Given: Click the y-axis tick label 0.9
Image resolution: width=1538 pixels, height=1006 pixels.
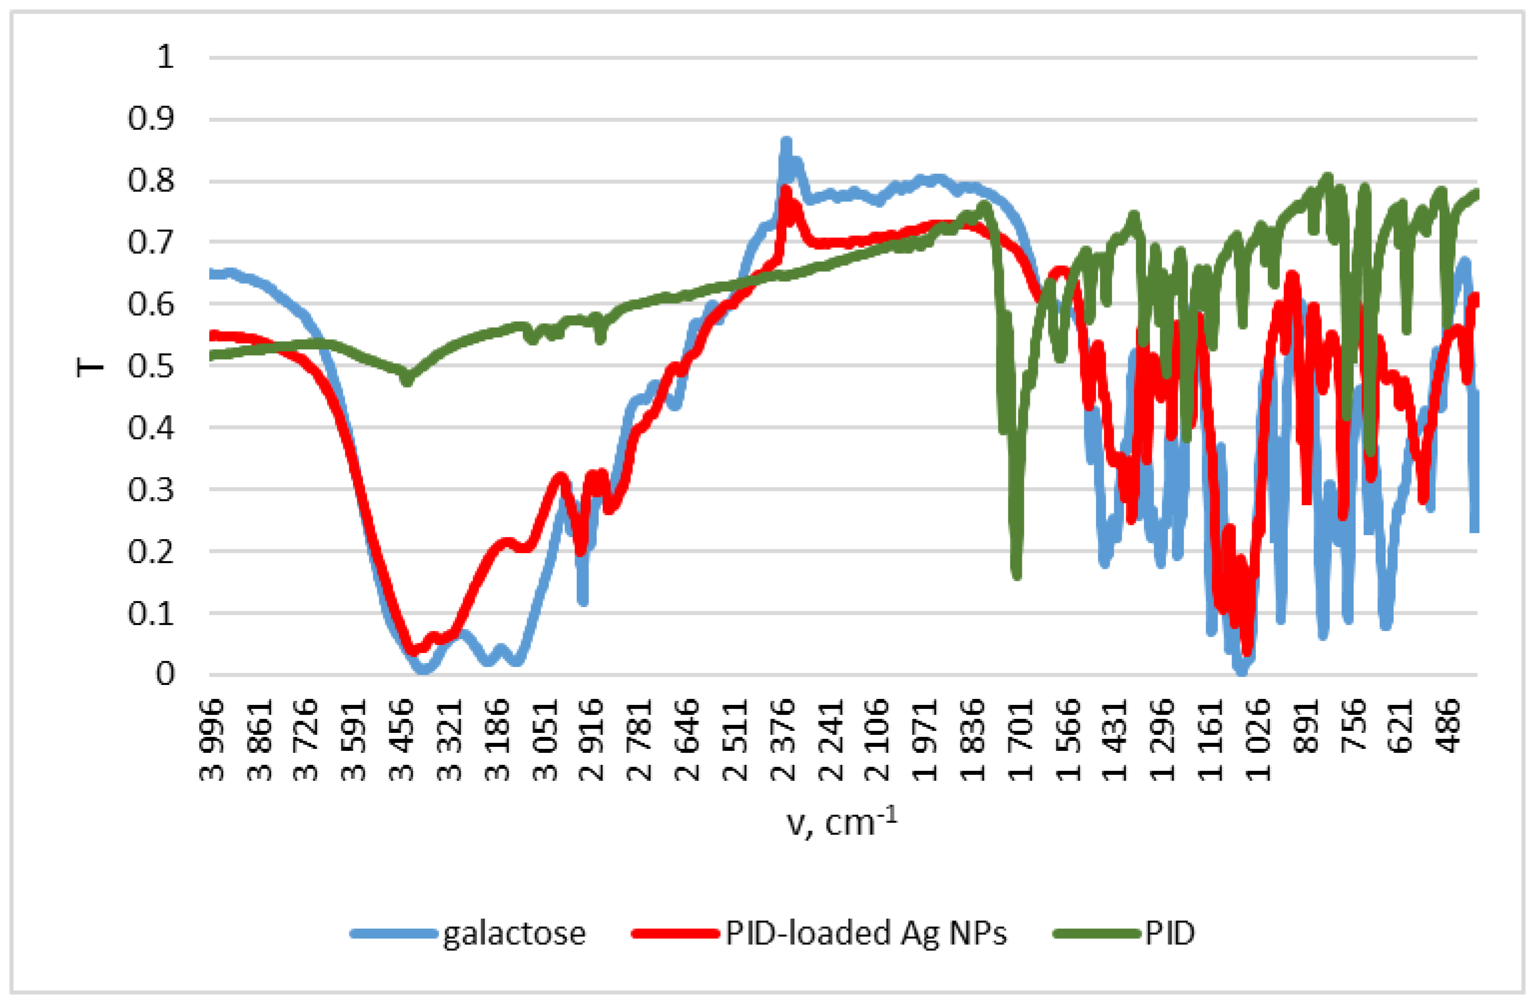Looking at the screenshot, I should coord(151,119).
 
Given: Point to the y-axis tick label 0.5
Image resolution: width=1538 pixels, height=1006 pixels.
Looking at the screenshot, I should coord(151,366).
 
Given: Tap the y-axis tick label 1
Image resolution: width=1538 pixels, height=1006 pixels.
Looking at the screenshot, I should coord(165,57).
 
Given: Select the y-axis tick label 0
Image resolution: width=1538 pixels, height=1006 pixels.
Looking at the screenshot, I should coord(165,674).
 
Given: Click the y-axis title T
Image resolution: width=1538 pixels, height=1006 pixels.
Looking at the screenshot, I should coord(90,366).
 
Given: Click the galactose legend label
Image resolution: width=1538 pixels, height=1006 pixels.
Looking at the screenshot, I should coord(514,934).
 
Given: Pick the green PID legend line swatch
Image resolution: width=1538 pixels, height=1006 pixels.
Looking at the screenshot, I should coord(1097,934).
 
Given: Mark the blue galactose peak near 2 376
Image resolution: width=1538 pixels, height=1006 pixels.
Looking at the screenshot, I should coord(786,141).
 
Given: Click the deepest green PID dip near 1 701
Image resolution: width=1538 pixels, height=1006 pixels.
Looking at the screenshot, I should coord(1017,575).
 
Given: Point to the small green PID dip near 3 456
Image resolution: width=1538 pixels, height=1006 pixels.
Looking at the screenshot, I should coord(406,381).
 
